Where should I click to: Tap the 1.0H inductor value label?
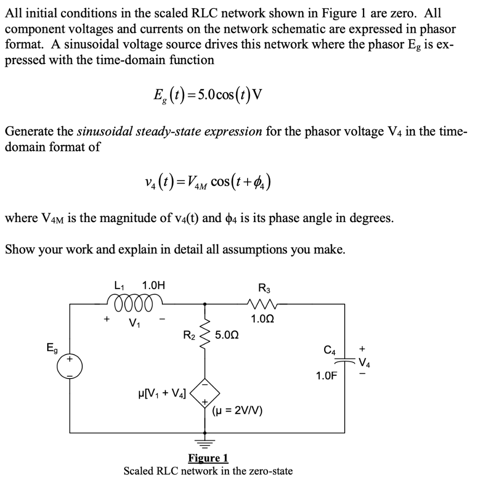click(x=154, y=286)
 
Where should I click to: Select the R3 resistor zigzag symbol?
click(x=263, y=303)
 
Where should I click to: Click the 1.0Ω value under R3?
click(x=263, y=319)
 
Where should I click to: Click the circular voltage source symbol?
click(x=70, y=368)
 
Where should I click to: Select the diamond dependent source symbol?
click(x=205, y=393)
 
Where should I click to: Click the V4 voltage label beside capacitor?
click(x=364, y=364)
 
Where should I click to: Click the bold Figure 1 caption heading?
click(x=208, y=458)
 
